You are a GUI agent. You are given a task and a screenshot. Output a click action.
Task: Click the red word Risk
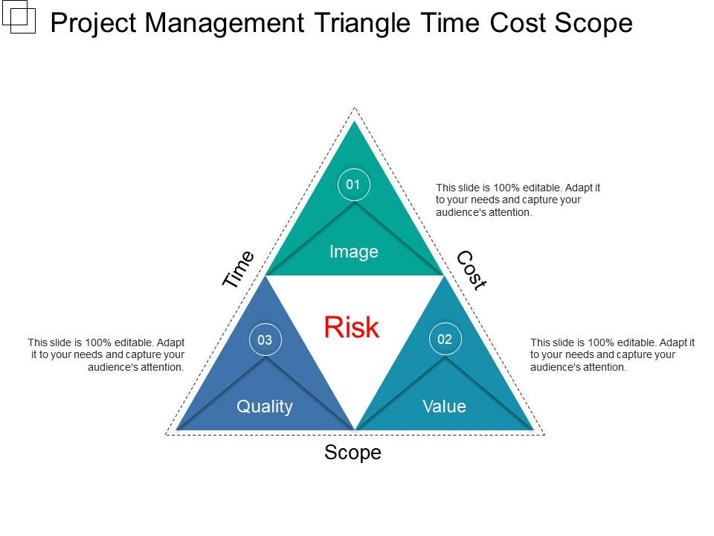coord(352,328)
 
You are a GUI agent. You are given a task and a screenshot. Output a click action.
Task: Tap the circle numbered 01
coord(354,185)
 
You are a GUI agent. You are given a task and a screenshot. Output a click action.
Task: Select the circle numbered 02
coord(445,339)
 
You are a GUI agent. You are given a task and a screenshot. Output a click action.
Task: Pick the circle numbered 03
coord(265,340)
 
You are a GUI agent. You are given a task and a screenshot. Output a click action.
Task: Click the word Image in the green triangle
coord(354,252)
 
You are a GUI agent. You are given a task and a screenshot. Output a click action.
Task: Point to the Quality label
coord(265,406)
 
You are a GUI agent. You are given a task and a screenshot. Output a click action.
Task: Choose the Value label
coord(444,406)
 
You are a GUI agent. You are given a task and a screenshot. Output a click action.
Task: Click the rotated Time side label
coord(239,269)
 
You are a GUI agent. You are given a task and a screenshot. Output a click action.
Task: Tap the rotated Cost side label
coord(471,269)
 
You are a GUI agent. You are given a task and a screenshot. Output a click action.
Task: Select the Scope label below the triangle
coord(353,453)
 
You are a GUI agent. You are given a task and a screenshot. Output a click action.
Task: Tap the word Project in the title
coord(94,23)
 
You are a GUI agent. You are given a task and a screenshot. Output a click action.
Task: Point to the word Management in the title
coord(225,23)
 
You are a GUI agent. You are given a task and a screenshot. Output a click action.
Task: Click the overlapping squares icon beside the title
coord(19,16)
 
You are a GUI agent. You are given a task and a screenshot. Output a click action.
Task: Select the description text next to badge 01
coord(518,200)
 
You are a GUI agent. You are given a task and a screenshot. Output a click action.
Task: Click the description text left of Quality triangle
coord(106,354)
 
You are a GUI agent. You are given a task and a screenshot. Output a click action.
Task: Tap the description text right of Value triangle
coord(612,354)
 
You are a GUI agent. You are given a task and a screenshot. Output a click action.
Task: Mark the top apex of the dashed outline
coord(355,108)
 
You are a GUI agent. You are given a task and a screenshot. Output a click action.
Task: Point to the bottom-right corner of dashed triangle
coord(544,434)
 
